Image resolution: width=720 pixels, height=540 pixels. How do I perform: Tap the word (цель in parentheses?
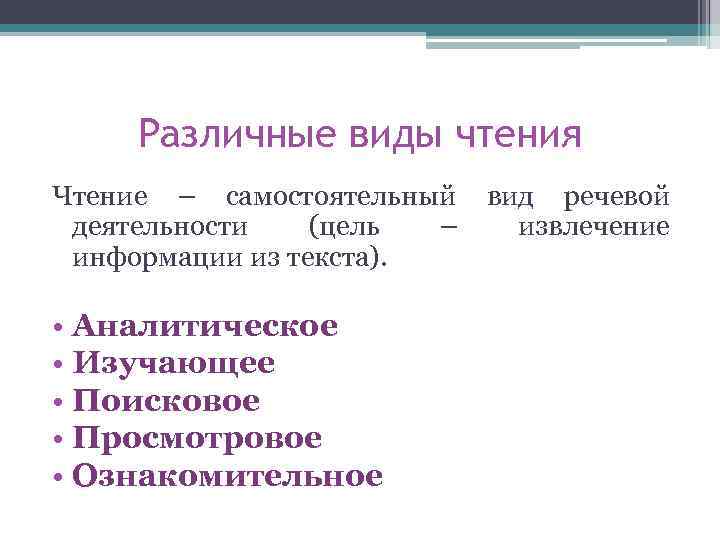[x=344, y=227]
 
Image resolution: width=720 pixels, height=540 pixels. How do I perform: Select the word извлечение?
[x=594, y=227]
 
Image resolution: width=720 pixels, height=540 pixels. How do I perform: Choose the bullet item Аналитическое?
[x=205, y=326]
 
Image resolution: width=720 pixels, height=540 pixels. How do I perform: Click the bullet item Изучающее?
[x=174, y=363]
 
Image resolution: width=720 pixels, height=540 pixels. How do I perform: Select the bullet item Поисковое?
[x=166, y=401]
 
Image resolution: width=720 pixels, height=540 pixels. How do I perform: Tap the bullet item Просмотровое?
[x=197, y=438]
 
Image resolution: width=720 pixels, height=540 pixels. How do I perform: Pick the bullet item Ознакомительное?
[x=227, y=475]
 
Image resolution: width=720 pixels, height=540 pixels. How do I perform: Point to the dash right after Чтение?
[x=189, y=196]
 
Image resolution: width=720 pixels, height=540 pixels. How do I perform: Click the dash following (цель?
[x=448, y=228]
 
